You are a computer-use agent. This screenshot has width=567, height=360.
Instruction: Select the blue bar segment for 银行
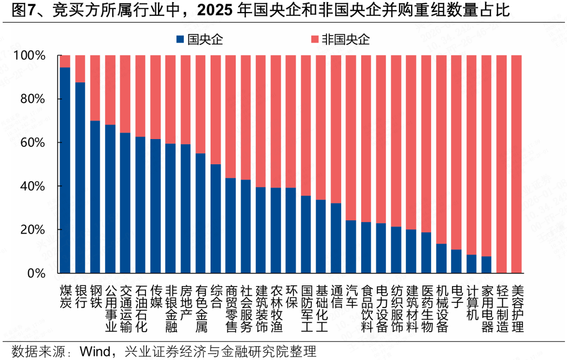pos(80,178)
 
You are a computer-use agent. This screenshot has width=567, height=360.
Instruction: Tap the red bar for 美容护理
pos(517,164)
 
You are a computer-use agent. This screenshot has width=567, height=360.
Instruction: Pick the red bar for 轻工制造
pos(502,164)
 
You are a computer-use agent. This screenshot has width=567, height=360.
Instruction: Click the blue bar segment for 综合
pos(215,219)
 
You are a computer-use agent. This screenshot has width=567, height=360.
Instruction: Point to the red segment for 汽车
pos(351,137)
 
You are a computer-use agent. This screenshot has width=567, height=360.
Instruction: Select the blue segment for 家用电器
pos(487,264)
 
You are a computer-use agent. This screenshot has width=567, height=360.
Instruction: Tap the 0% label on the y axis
pos(37,273)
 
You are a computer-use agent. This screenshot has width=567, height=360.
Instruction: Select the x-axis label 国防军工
pos(306,309)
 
